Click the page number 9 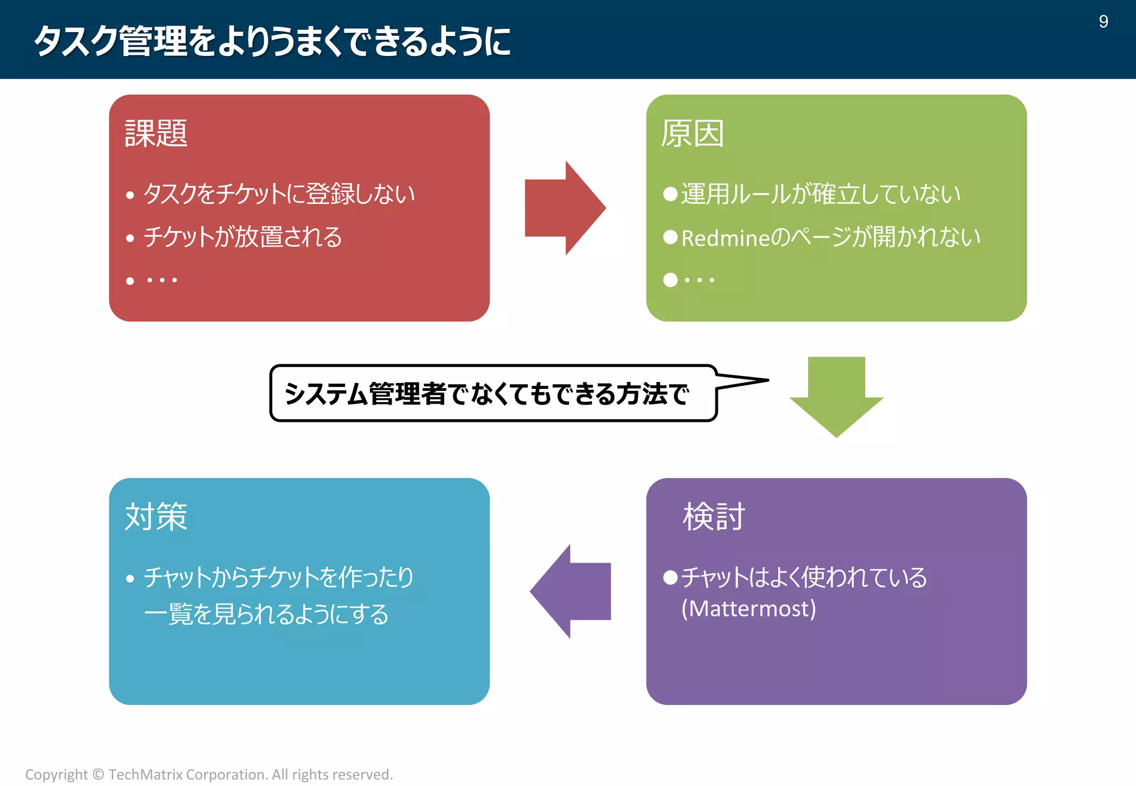pos(1103,22)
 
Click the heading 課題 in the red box pos(156,134)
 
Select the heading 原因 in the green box pos(692,134)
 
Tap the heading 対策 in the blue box pos(156,517)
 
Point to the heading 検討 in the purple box pos(713,517)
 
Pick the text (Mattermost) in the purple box pos(748,609)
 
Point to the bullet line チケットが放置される pos(242,237)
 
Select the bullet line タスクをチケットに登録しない pos(279,194)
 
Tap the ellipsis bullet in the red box pos(161,280)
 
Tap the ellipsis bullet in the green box pos(698,280)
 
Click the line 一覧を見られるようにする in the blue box pos(266,614)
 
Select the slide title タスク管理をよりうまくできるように pos(272,41)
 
